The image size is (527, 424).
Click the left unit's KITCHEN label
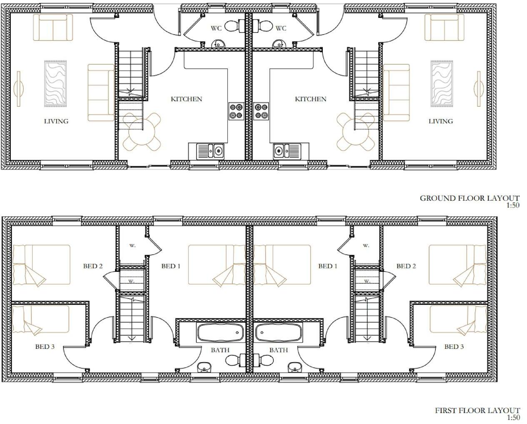(186, 99)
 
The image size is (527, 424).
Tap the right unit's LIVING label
(440, 121)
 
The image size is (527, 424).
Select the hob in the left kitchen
(235, 111)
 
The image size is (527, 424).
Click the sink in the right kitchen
(287, 151)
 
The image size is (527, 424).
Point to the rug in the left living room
(55, 83)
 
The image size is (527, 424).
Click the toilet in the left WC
(231, 26)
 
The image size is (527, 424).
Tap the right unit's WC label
(281, 28)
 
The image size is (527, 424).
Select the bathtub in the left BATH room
(220, 333)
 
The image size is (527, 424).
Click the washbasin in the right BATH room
(294, 367)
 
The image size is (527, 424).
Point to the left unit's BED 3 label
(45, 346)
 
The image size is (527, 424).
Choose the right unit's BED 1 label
(327, 266)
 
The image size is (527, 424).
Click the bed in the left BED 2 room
(41, 265)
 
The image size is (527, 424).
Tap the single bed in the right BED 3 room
(458, 319)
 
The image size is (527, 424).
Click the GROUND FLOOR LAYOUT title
(469, 198)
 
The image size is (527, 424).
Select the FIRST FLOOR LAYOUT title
(477, 411)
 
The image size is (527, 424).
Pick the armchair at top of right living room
(444, 27)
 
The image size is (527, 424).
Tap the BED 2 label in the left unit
(92, 266)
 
